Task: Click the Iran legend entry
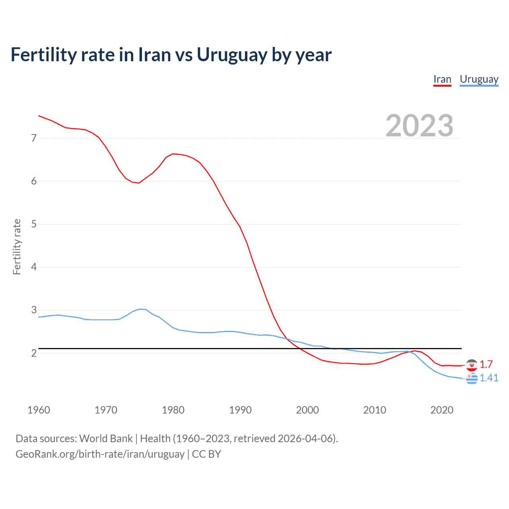point(442,79)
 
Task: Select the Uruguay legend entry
point(479,79)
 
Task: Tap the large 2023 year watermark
point(419,126)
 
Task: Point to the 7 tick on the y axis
point(34,138)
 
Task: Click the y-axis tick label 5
point(34,224)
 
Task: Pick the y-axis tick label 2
point(34,353)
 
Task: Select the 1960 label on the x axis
point(39,410)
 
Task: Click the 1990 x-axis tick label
point(240,410)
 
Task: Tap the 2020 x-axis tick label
point(442,410)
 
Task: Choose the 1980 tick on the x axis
point(173,410)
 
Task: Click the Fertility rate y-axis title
point(17,247)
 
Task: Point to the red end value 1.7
point(486,364)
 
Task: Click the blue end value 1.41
point(489,378)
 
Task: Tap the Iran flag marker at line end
point(472,365)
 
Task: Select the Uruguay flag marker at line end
point(472,379)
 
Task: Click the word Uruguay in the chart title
point(231,55)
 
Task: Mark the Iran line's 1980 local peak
point(173,153)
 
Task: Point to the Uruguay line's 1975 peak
point(140,309)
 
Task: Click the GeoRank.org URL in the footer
point(100,454)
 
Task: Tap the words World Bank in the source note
point(106,438)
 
